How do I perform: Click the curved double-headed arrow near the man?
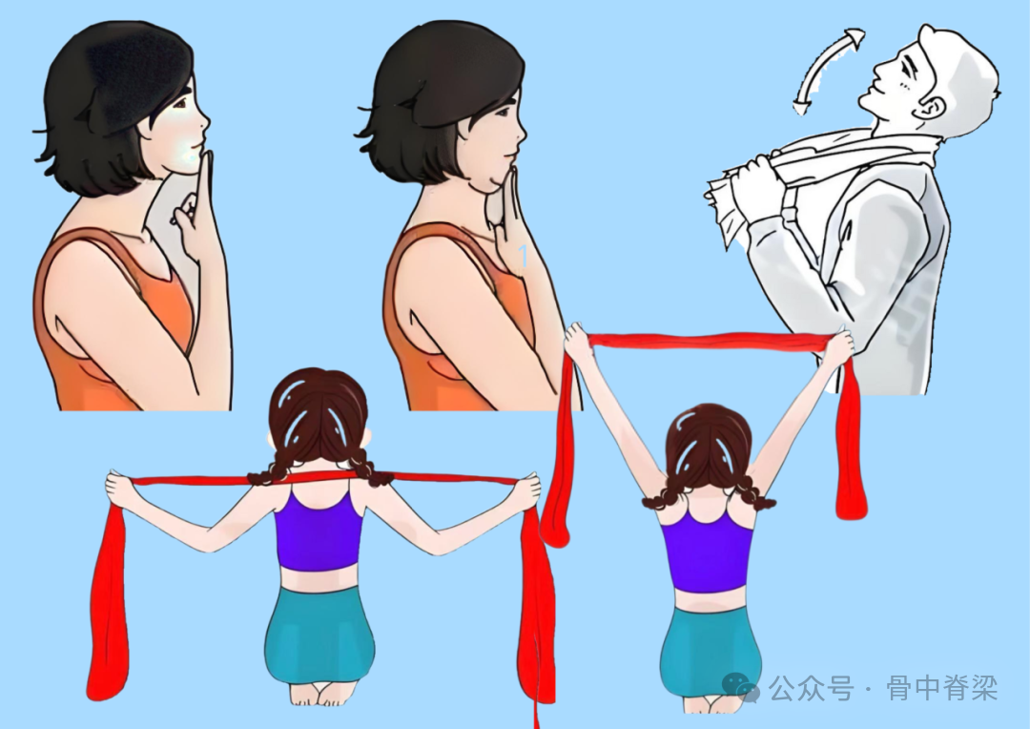(x=819, y=62)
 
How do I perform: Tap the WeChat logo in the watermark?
(x=740, y=688)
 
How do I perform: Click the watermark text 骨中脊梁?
(x=942, y=688)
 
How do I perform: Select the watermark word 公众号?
(x=812, y=688)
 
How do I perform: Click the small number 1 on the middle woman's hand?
(x=523, y=256)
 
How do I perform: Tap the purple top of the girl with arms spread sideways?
(x=319, y=530)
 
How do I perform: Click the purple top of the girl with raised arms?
(x=707, y=552)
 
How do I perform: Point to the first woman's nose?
(x=204, y=122)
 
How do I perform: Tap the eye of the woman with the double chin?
(x=503, y=113)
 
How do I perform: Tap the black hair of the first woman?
(x=112, y=98)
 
